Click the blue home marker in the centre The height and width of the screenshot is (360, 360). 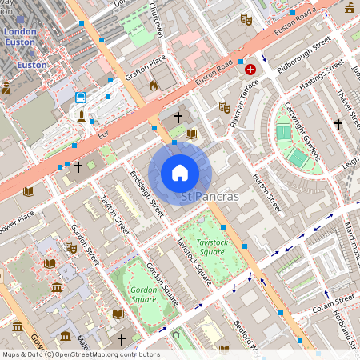coord(180,173)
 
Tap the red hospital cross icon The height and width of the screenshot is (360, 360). coord(250,70)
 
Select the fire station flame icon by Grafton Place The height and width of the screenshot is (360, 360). coord(154,83)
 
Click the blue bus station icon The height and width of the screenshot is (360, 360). coord(81,98)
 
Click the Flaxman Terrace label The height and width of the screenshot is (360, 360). coord(239,92)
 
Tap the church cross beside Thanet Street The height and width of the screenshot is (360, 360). coord(338,125)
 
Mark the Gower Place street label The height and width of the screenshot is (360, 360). coord(16,222)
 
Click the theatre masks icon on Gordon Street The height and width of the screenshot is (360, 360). coord(71,248)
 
